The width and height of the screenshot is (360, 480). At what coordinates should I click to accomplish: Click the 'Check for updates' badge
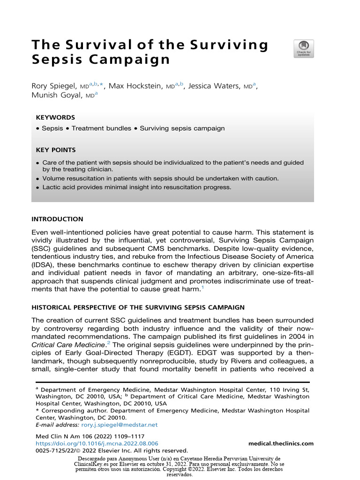coord(303,49)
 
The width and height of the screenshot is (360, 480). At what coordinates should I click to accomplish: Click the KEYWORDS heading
coord(55,118)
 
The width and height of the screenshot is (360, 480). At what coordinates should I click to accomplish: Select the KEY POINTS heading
coord(55,150)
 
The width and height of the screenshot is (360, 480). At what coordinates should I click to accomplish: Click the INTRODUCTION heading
coord(57,219)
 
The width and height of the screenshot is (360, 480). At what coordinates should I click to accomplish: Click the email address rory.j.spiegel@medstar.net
coord(119,425)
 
